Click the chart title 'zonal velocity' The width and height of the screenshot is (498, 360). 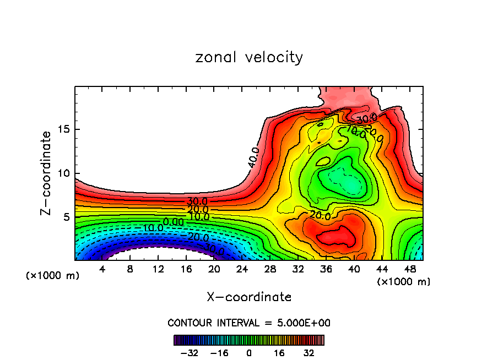(249, 57)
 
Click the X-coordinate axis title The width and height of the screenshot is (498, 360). (249, 297)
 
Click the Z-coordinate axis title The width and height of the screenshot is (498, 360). (46, 173)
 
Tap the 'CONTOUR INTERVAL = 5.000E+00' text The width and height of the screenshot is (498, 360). (249, 323)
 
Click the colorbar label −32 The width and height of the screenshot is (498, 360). (189, 353)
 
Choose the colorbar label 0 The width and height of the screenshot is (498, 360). (249, 353)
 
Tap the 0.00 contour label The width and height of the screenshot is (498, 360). (174, 222)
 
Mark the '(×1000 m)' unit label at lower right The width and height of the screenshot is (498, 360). (404, 282)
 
